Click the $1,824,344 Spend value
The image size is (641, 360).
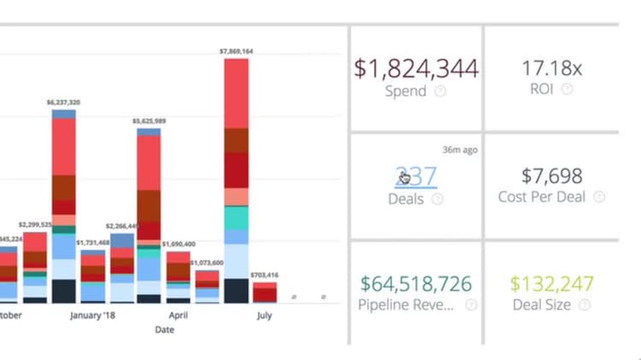click(x=416, y=68)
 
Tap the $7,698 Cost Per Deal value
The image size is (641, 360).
click(x=551, y=175)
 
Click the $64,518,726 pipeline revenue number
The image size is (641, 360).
click(x=416, y=283)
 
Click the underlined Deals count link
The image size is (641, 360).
click(x=416, y=176)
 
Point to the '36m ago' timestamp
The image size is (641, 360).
click(x=459, y=150)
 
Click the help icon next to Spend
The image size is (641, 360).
click(x=440, y=91)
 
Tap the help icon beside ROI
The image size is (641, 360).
click(x=567, y=89)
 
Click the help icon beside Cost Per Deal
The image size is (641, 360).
click(x=599, y=198)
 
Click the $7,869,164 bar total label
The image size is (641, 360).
click(x=236, y=51)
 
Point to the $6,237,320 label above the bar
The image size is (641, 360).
click(x=63, y=103)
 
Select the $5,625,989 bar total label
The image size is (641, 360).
click(x=149, y=121)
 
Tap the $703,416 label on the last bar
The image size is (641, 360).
click(x=264, y=274)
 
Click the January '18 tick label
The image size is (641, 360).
click(x=92, y=316)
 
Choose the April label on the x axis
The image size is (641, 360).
click(x=178, y=316)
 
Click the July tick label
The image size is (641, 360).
click(x=264, y=316)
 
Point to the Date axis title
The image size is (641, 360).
click(x=164, y=329)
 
